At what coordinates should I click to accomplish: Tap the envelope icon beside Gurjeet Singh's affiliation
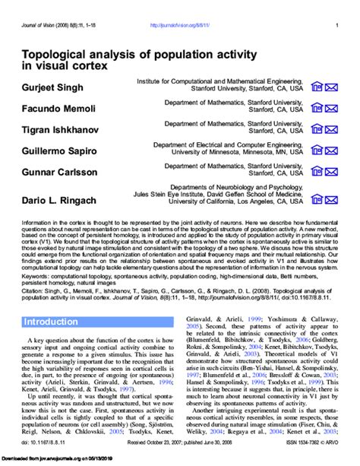coord(332,88)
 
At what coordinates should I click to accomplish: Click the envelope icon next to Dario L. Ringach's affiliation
coord(332,200)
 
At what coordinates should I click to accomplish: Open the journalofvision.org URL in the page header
coord(180,25)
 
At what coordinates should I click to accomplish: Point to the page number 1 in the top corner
coord(336,25)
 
